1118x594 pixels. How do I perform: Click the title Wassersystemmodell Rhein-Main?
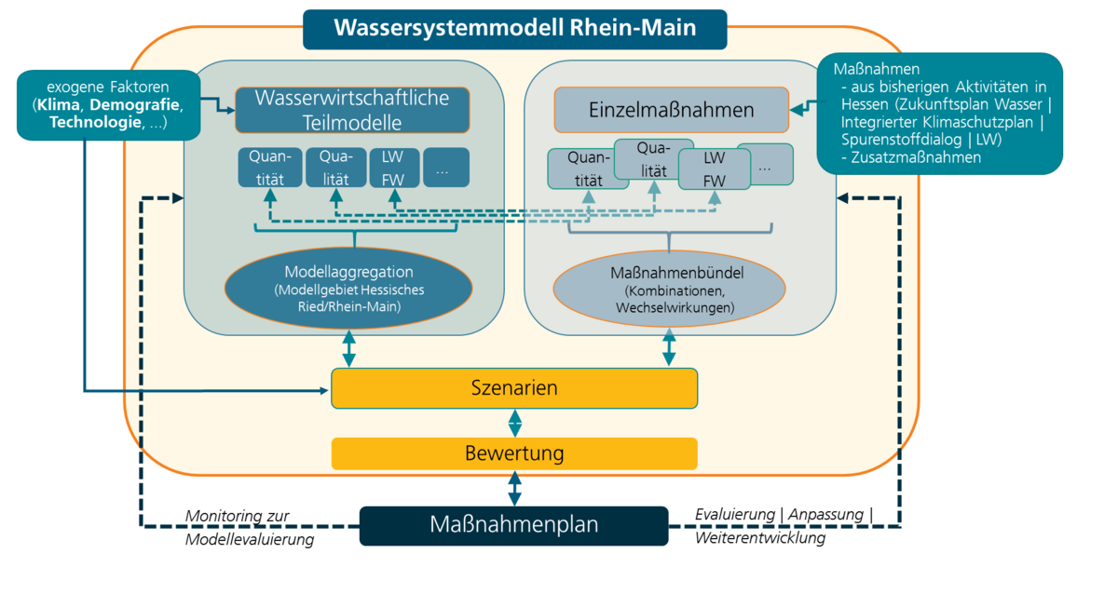(514, 28)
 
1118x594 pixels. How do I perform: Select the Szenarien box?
(514, 387)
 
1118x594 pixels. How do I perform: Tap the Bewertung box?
(514, 453)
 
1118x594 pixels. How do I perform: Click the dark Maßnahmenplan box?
(514, 525)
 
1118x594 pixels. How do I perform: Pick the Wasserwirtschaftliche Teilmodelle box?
(352, 110)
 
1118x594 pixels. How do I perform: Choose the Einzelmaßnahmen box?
(671, 110)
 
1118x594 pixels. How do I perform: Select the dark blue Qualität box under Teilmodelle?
(335, 168)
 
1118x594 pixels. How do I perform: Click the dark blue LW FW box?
(392, 168)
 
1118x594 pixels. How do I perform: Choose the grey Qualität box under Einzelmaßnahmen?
(654, 158)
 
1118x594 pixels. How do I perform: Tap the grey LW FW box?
(714, 169)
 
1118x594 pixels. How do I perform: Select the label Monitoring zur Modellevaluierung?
(249, 527)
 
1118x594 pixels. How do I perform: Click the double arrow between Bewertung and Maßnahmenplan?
(514, 488)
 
